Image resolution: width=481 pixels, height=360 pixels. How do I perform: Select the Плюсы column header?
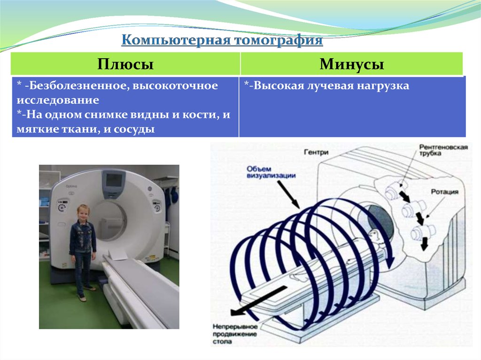point(125,64)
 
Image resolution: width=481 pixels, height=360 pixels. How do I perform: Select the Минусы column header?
point(352,64)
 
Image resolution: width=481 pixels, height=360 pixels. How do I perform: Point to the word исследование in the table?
point(58,100)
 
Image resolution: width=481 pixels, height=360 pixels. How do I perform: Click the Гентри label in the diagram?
point(316,153)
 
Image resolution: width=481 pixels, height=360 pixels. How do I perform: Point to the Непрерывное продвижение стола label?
point(234,334)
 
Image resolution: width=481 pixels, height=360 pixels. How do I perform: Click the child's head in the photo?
point(83,212)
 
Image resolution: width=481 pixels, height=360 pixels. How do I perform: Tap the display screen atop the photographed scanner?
point(113,180)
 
